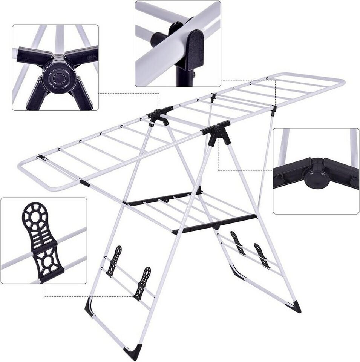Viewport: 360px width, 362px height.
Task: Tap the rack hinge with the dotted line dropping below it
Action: coord(217,130)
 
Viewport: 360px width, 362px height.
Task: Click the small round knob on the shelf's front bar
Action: coord(216,227)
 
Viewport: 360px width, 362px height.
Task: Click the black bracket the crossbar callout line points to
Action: coord(274,110)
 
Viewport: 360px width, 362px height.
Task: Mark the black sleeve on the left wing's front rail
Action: coord(84,183)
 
